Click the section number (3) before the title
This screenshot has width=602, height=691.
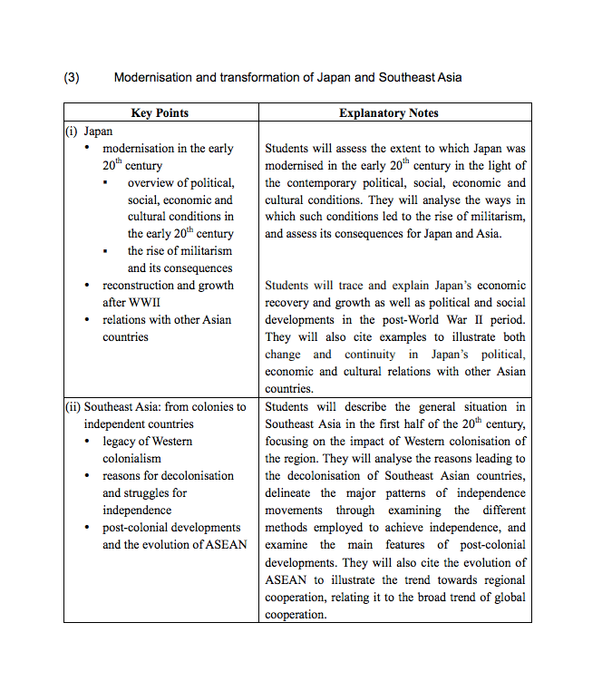[x=72, y=78]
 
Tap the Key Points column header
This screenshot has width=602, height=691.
[x=160, y=113]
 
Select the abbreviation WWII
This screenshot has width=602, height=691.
[x=144, y=303]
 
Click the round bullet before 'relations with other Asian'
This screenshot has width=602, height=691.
[x=87, y=320]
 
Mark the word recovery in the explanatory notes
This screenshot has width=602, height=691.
[x=287, y=303]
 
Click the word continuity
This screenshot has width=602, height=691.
[x=373, y=355]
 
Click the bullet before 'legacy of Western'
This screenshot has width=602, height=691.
[x=87, y=442]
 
